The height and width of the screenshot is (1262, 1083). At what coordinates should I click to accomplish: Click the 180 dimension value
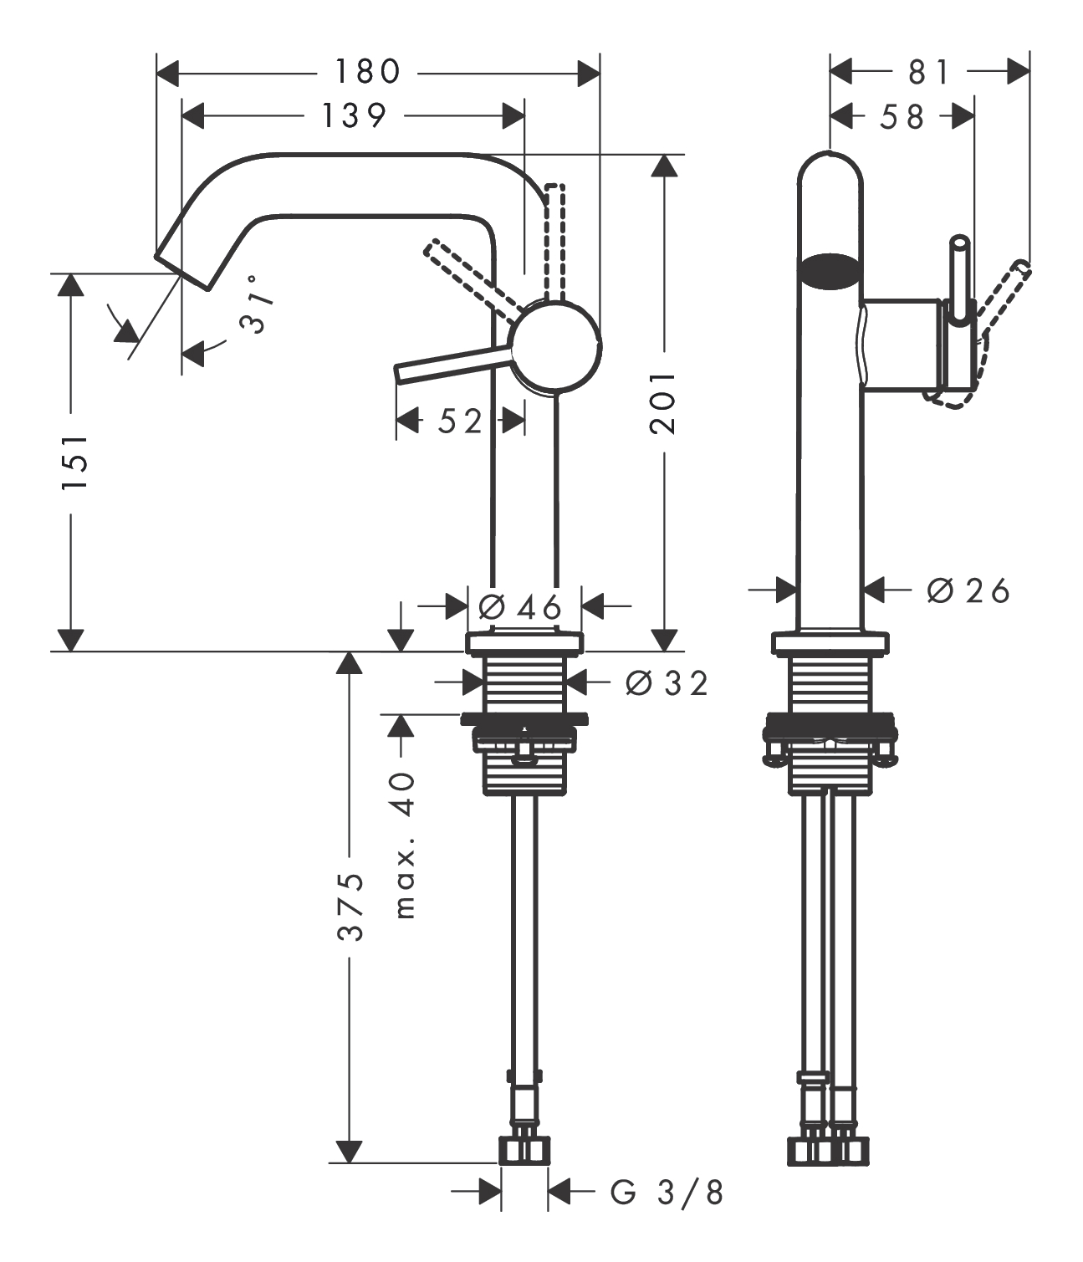tap(368, 73)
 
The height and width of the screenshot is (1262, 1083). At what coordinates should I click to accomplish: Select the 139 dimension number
tap(354, 115)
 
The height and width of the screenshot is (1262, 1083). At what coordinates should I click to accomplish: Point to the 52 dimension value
tap(461, 422)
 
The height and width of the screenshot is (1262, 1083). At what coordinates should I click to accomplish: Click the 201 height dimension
tap(663, 403)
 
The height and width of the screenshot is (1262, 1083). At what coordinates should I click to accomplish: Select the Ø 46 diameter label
tap(519, 605)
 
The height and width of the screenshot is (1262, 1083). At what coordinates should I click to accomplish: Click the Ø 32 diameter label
tap(667, 683)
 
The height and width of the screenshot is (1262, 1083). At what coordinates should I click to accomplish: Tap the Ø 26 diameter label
tap(968, 591)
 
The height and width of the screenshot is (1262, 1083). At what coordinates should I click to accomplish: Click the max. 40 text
tap(404, 846)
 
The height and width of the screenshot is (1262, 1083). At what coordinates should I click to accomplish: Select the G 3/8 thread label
tap(667, 1192)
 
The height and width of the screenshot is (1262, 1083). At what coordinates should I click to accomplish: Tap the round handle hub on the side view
tap(557, 345)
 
